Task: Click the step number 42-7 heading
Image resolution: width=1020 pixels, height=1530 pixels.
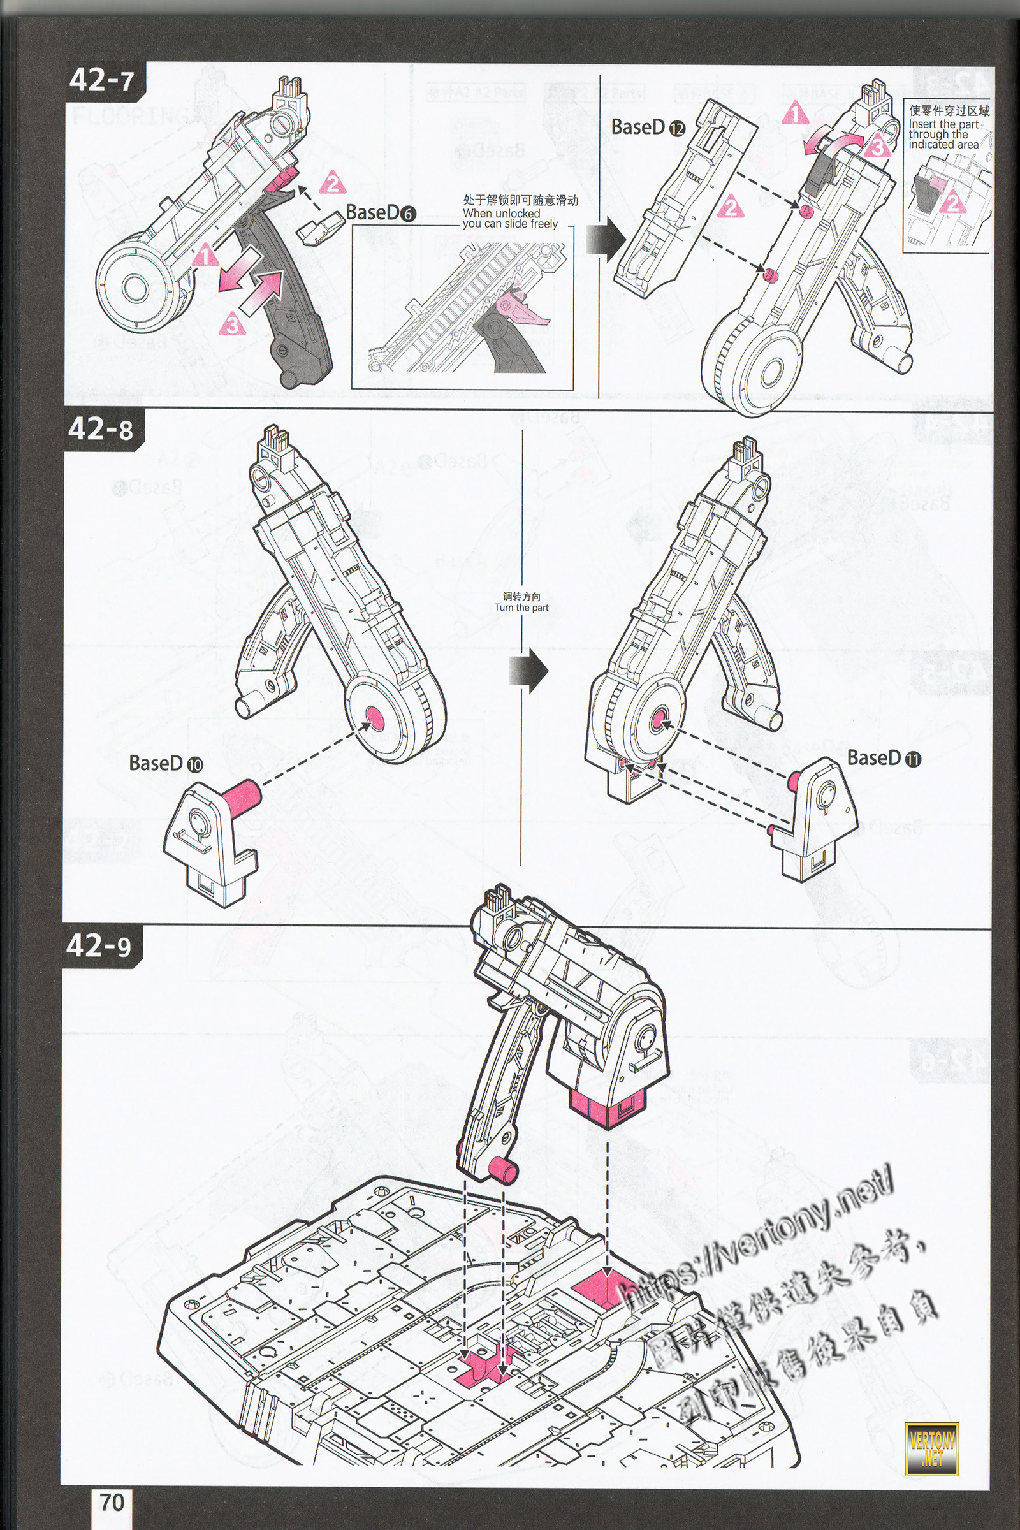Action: (102, 80)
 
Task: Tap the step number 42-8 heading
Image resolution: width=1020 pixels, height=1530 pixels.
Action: (101, 429)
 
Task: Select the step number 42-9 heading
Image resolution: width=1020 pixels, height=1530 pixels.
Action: (99, 945)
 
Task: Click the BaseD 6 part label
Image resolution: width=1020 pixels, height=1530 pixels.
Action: (381, 213)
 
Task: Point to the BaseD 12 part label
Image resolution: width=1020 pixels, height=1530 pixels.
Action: (648, 127)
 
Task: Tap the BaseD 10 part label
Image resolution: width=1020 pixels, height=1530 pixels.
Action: (166, 763)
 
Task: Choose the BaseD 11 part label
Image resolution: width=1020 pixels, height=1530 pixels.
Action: (884, 758)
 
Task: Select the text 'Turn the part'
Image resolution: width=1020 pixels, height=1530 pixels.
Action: (521, 608)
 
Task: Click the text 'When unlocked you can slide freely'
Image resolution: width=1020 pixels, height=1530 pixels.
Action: (511, 218)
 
